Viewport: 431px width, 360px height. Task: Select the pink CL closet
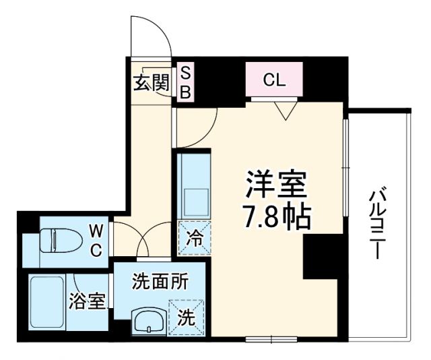(274, 81)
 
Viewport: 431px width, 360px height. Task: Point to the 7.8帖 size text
(276, 216)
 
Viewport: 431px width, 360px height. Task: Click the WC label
(95, 241)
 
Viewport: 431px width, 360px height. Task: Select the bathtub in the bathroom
(46, 303)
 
